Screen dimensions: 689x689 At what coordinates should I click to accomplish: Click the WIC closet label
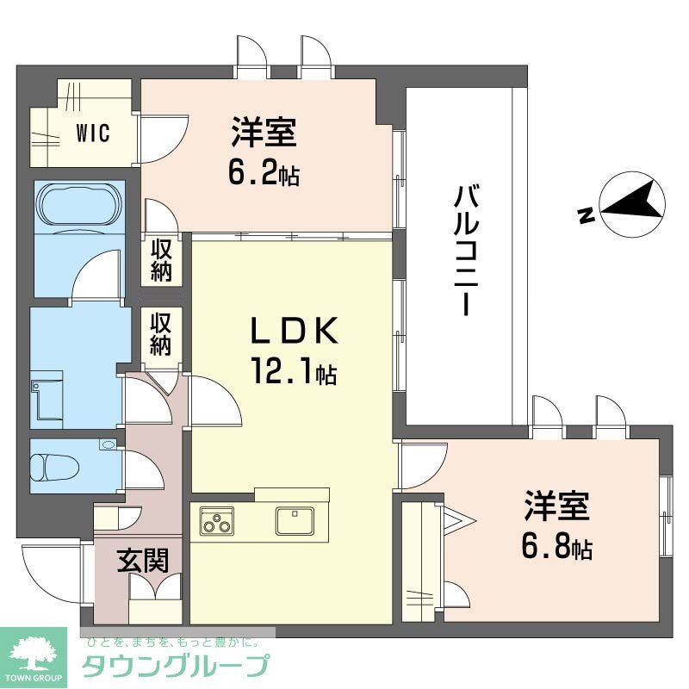click(93, 134)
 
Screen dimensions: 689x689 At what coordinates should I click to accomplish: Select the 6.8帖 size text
click(556, 548)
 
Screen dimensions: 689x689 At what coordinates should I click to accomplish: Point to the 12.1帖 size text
click(293, 372)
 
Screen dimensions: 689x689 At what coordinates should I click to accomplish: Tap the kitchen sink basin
click(295, 521)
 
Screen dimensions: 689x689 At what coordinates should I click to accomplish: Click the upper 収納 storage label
click(161, 259)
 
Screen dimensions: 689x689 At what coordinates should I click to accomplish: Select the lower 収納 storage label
click(161, 333)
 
